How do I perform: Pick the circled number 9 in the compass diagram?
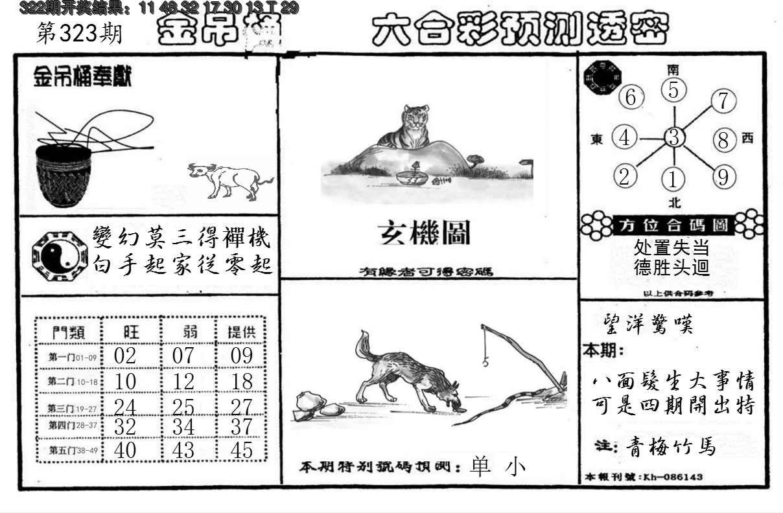coord(723,176)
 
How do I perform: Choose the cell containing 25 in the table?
coord(184,407)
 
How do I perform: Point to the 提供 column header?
coord(241,332)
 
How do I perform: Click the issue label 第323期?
coord(79,34)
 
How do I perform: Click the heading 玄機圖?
coord(425,233)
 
